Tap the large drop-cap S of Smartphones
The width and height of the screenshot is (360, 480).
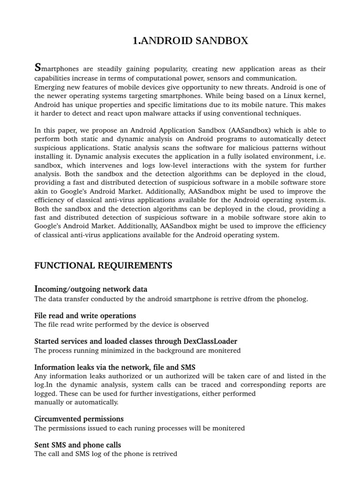tap(38, 68)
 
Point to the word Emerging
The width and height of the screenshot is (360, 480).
tap(49, 87)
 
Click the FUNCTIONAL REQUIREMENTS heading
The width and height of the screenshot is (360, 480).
tap(103, 266)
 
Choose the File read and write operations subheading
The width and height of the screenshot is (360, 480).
tap(85, 315)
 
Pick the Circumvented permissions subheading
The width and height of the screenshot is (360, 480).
tap(79, 419)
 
